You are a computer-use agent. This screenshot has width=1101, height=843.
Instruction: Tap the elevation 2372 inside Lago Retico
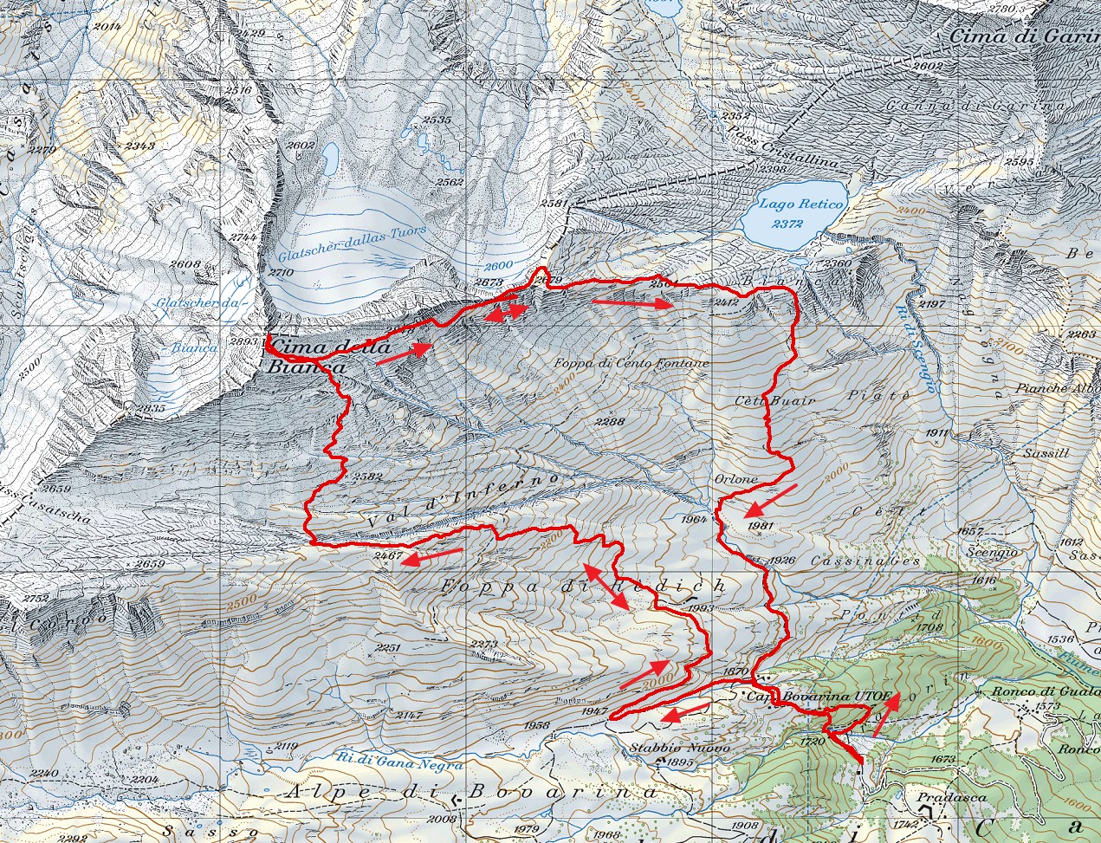click(787, 224)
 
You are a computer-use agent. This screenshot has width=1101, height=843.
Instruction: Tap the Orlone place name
click(736, 479)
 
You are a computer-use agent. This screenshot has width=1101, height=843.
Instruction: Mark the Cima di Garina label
click(1023, 36)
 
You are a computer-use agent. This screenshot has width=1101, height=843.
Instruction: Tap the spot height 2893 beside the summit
click(247, 341)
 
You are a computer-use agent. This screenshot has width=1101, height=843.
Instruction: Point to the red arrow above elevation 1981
click(771, 500)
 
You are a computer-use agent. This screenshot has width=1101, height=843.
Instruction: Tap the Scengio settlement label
click(994, 552)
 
